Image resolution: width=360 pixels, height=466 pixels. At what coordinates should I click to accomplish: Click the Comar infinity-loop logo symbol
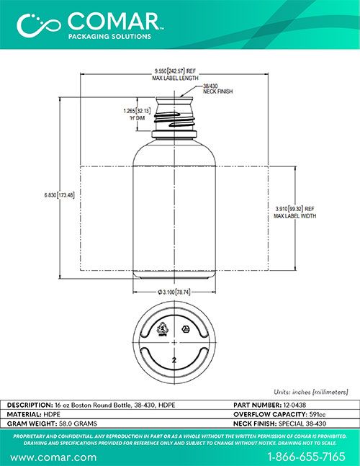pos(39,25)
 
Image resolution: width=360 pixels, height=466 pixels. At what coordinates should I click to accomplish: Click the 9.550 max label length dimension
pos(175,71)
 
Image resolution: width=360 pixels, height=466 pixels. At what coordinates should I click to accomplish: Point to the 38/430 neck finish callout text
pos(217,89)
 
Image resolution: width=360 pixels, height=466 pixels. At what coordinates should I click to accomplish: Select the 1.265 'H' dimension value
pos(137,111)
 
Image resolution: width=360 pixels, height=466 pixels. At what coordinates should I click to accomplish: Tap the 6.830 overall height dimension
pos(60,195)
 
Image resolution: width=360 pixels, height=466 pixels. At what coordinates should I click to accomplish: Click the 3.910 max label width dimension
pos(294,209)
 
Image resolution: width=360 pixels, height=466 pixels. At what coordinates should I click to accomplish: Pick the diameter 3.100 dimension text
pos(174,292)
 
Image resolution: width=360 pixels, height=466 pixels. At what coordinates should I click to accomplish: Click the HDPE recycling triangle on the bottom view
pos(162,328)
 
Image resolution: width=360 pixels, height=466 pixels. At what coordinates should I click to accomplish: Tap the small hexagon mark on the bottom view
pos(186,329)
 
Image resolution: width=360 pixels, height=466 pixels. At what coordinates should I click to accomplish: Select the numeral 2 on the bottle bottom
pos(174,360)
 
